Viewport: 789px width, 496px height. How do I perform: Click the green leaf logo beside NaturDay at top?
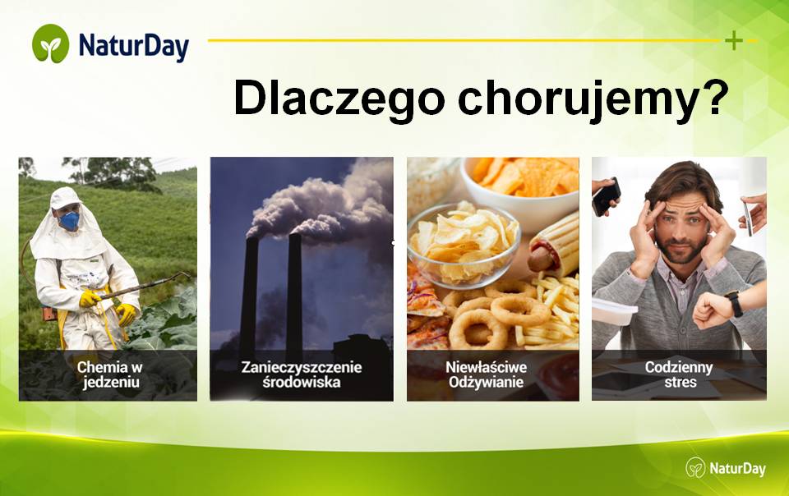click(x=50, y=44)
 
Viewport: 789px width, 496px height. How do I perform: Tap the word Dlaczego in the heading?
click(x=339, y=99)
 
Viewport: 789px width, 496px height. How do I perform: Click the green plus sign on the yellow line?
click(x=734, y=40)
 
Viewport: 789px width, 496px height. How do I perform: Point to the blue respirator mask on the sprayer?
click(x=69, y=221)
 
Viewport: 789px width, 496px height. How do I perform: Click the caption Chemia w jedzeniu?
click(x=109, y=374)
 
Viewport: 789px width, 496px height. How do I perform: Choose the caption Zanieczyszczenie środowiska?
click(x=302, y=374)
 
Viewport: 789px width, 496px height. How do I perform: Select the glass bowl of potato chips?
click(x=464, y=244)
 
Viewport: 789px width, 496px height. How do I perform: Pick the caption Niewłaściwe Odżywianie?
click(x=486, y=374)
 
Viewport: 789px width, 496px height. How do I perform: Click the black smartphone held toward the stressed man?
click(x=606, y=196)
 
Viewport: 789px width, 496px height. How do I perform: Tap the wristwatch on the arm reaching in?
click(x=734, y=304)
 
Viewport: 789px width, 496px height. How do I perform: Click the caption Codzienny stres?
click(x=680, y=374)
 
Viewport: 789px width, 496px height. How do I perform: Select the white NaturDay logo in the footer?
click(x=726, y=468)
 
